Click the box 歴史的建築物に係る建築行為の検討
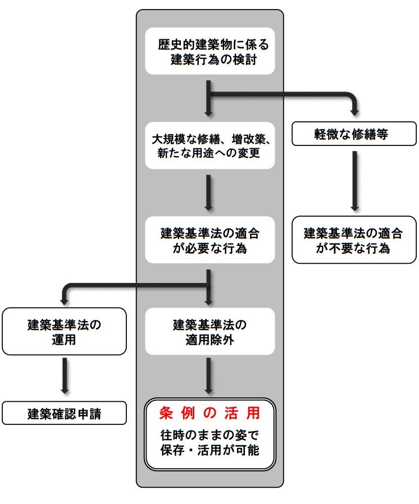pyautogui.click(x=210, y=51)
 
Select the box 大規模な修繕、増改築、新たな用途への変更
pyautogui.click(x=210, y=145)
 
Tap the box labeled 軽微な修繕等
pyautogui.click(x=355, y=135)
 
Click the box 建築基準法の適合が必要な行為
pyautogui.click(x=210, y=240)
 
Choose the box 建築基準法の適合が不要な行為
pyautogui.click(x=355, y=240)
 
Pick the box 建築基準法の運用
pyautogui.click(x=63, y=331)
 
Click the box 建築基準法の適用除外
pyautogui.click(x=210, y=331)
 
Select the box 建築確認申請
pyautogui.click(x=63, y=414)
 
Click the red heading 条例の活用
pyautogui.click(x=210, y=414)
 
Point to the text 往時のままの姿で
pyautogui.click(x=210, y=436)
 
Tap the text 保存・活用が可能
pyautogui.click(x=210, y=450)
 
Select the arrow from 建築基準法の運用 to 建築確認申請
pyautogui.click(x=64, y=375)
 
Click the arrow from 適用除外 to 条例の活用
pyautogui.click(x=210, y=375)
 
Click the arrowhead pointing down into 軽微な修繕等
pyautogui.click(x=355, y=110)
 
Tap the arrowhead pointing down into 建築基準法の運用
pyautogui.click(x=64, y=299)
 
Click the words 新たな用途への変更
pyautogui.click(x=210, y=153)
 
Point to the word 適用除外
pyautogui.click(x=210, y=339)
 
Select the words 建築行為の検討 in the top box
pyautogui.click(x=213, y=59)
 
